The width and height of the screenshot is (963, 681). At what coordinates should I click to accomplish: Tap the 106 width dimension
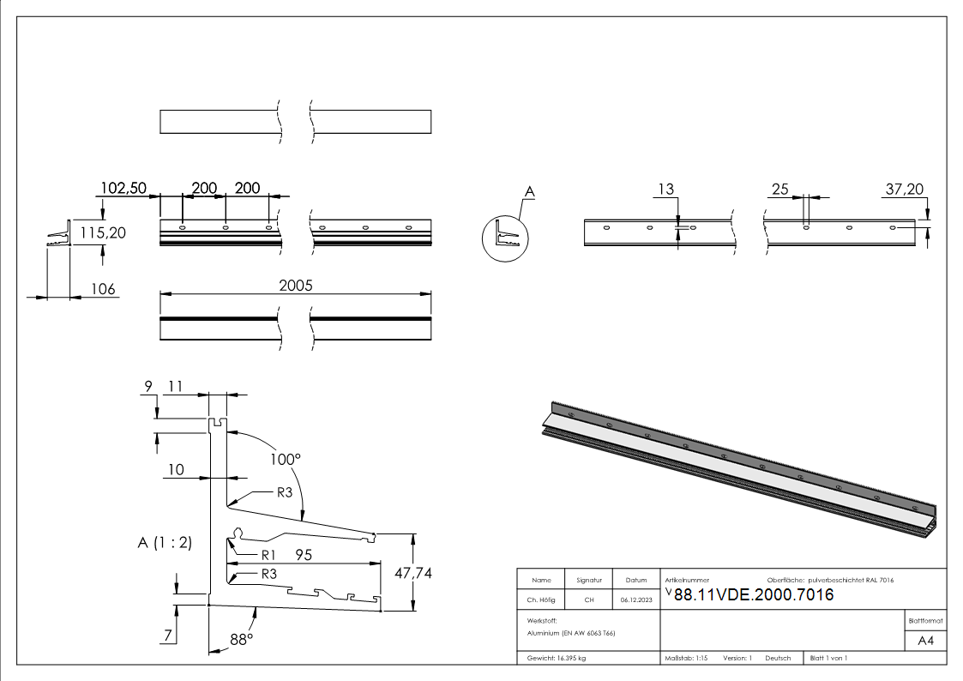pyautogui.click(x=104, y=289)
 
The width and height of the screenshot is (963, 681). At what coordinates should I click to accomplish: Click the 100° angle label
pyautogui.click(x=286, y=459)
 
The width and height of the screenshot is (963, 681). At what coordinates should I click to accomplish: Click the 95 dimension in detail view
pyautogui.click(x=304, y=555)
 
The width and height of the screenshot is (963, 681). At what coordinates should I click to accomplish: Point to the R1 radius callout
pyautogui.click(x=268, y=554)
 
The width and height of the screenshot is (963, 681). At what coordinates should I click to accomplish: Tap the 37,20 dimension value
pyautogui.click(x=905, y=189)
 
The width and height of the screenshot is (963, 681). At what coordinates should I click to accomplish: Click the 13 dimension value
pyautogui.click(x=665, y=189)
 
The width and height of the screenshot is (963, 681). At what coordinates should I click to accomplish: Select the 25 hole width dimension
pyautogui.click(x=779, y=189)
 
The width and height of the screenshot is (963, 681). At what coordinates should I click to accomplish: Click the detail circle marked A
pyautogui.click(x=506, y=237)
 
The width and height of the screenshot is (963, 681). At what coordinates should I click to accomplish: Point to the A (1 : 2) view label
pyautogui.click(x=165, y=542)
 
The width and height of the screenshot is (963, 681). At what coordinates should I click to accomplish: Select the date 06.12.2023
pyautogui.click(x=635, y=600)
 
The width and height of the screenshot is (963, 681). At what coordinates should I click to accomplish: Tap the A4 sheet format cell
pyautogui.click(x=926, y=641)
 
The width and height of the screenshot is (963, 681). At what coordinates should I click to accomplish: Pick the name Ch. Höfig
pyautogui.click(x=541, y=600)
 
